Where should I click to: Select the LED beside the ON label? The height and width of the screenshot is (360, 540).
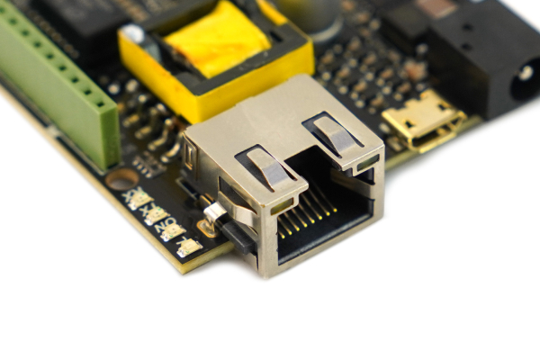point(172,230)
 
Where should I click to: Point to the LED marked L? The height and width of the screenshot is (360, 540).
point(189,247)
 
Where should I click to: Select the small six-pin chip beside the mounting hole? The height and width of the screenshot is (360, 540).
point(149,162)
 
